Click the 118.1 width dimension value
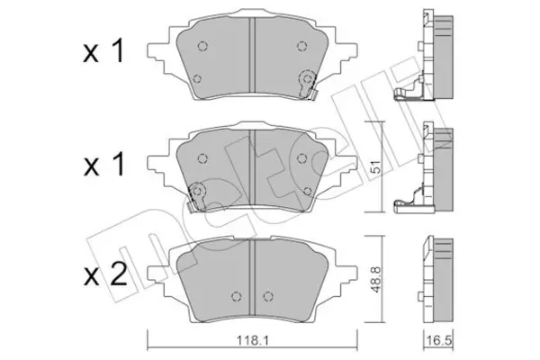[252, 340]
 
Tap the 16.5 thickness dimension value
[439, 341]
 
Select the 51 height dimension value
[376, 166]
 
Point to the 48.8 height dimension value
[376, 279]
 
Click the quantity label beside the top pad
[103, 51]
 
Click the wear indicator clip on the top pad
[308, 85]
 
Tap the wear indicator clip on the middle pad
[196, 197]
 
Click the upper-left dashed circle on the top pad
[202, 46]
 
